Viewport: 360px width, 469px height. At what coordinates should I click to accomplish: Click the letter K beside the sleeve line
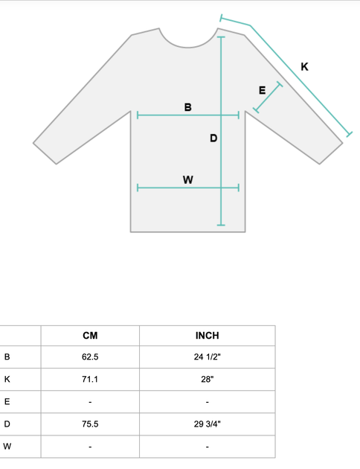(x=304, y=67)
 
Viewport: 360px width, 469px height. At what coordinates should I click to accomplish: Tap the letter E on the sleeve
(x=262, y=90)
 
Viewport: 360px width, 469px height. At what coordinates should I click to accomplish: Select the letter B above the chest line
(x=188, y=107)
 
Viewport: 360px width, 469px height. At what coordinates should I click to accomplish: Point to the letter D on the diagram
(x=213, y=138)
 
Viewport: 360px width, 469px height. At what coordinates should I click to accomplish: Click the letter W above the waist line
(x=188, y=179)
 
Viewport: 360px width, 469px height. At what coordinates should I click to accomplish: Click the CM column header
(x=90, y=336)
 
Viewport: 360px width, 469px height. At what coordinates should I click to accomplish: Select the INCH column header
(x=207, y=336)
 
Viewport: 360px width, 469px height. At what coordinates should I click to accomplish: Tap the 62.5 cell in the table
(x=90, y=357)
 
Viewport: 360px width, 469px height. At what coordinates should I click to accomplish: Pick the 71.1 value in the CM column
(x=90, y=379)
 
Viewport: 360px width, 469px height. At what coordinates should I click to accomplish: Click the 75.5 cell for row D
(x=90, y=424)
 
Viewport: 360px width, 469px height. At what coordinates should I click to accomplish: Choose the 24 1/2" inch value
(x=207, y=357)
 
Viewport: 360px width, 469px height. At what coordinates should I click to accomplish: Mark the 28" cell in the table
(x=207, y=379)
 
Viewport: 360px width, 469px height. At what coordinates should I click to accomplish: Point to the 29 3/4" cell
(x=207, y=424)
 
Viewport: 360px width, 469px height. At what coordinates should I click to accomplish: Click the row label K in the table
(x=7, y=379)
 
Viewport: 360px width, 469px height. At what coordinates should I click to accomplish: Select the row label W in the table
(x=7, y=446)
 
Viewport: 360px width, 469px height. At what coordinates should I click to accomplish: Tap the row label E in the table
(x=7, y=401)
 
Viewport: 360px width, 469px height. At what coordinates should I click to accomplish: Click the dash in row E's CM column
(x=90, y=402)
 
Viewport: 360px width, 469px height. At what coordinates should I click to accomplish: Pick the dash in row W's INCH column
(x=207, y=447)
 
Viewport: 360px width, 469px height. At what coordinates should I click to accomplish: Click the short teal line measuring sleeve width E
(x=268, y=98)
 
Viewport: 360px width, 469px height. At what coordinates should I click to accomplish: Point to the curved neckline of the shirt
(x=188, y=47)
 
